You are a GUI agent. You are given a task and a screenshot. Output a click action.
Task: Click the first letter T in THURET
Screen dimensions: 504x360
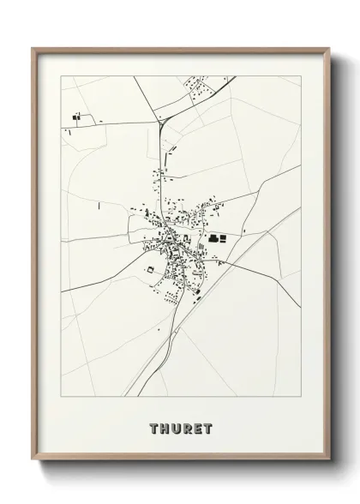click(x=153, y=428)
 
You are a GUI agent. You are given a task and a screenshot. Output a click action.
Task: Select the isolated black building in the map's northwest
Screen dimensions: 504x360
click(x=75, y=116)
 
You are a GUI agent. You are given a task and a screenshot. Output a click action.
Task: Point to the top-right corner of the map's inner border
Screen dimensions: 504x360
click(x=301, y=76)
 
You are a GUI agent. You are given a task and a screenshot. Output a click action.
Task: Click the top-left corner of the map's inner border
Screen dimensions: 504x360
click(x=61, y=76)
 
